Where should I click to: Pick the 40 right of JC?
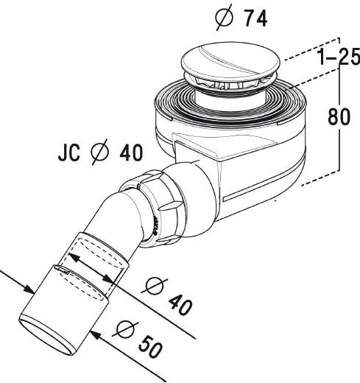coord(129,154)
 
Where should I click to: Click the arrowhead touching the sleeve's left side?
coord(33,292)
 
